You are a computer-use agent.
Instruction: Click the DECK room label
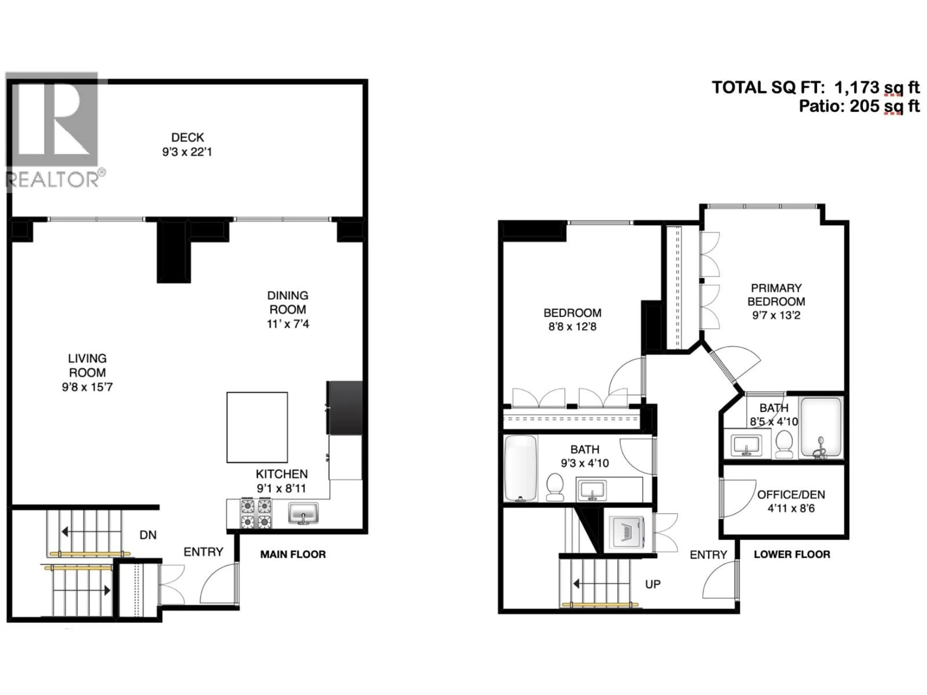(187, 137)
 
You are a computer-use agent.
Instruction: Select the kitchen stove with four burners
(256, 514)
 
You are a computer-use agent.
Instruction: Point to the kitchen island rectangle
(257, 427)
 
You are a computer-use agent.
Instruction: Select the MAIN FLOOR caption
(293, 555)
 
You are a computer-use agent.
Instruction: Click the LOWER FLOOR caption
(792, 555)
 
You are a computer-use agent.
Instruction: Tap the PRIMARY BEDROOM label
(776, 295)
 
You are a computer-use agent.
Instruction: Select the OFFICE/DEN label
(791, 495)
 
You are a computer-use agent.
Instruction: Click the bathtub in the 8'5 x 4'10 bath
(821, 427)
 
